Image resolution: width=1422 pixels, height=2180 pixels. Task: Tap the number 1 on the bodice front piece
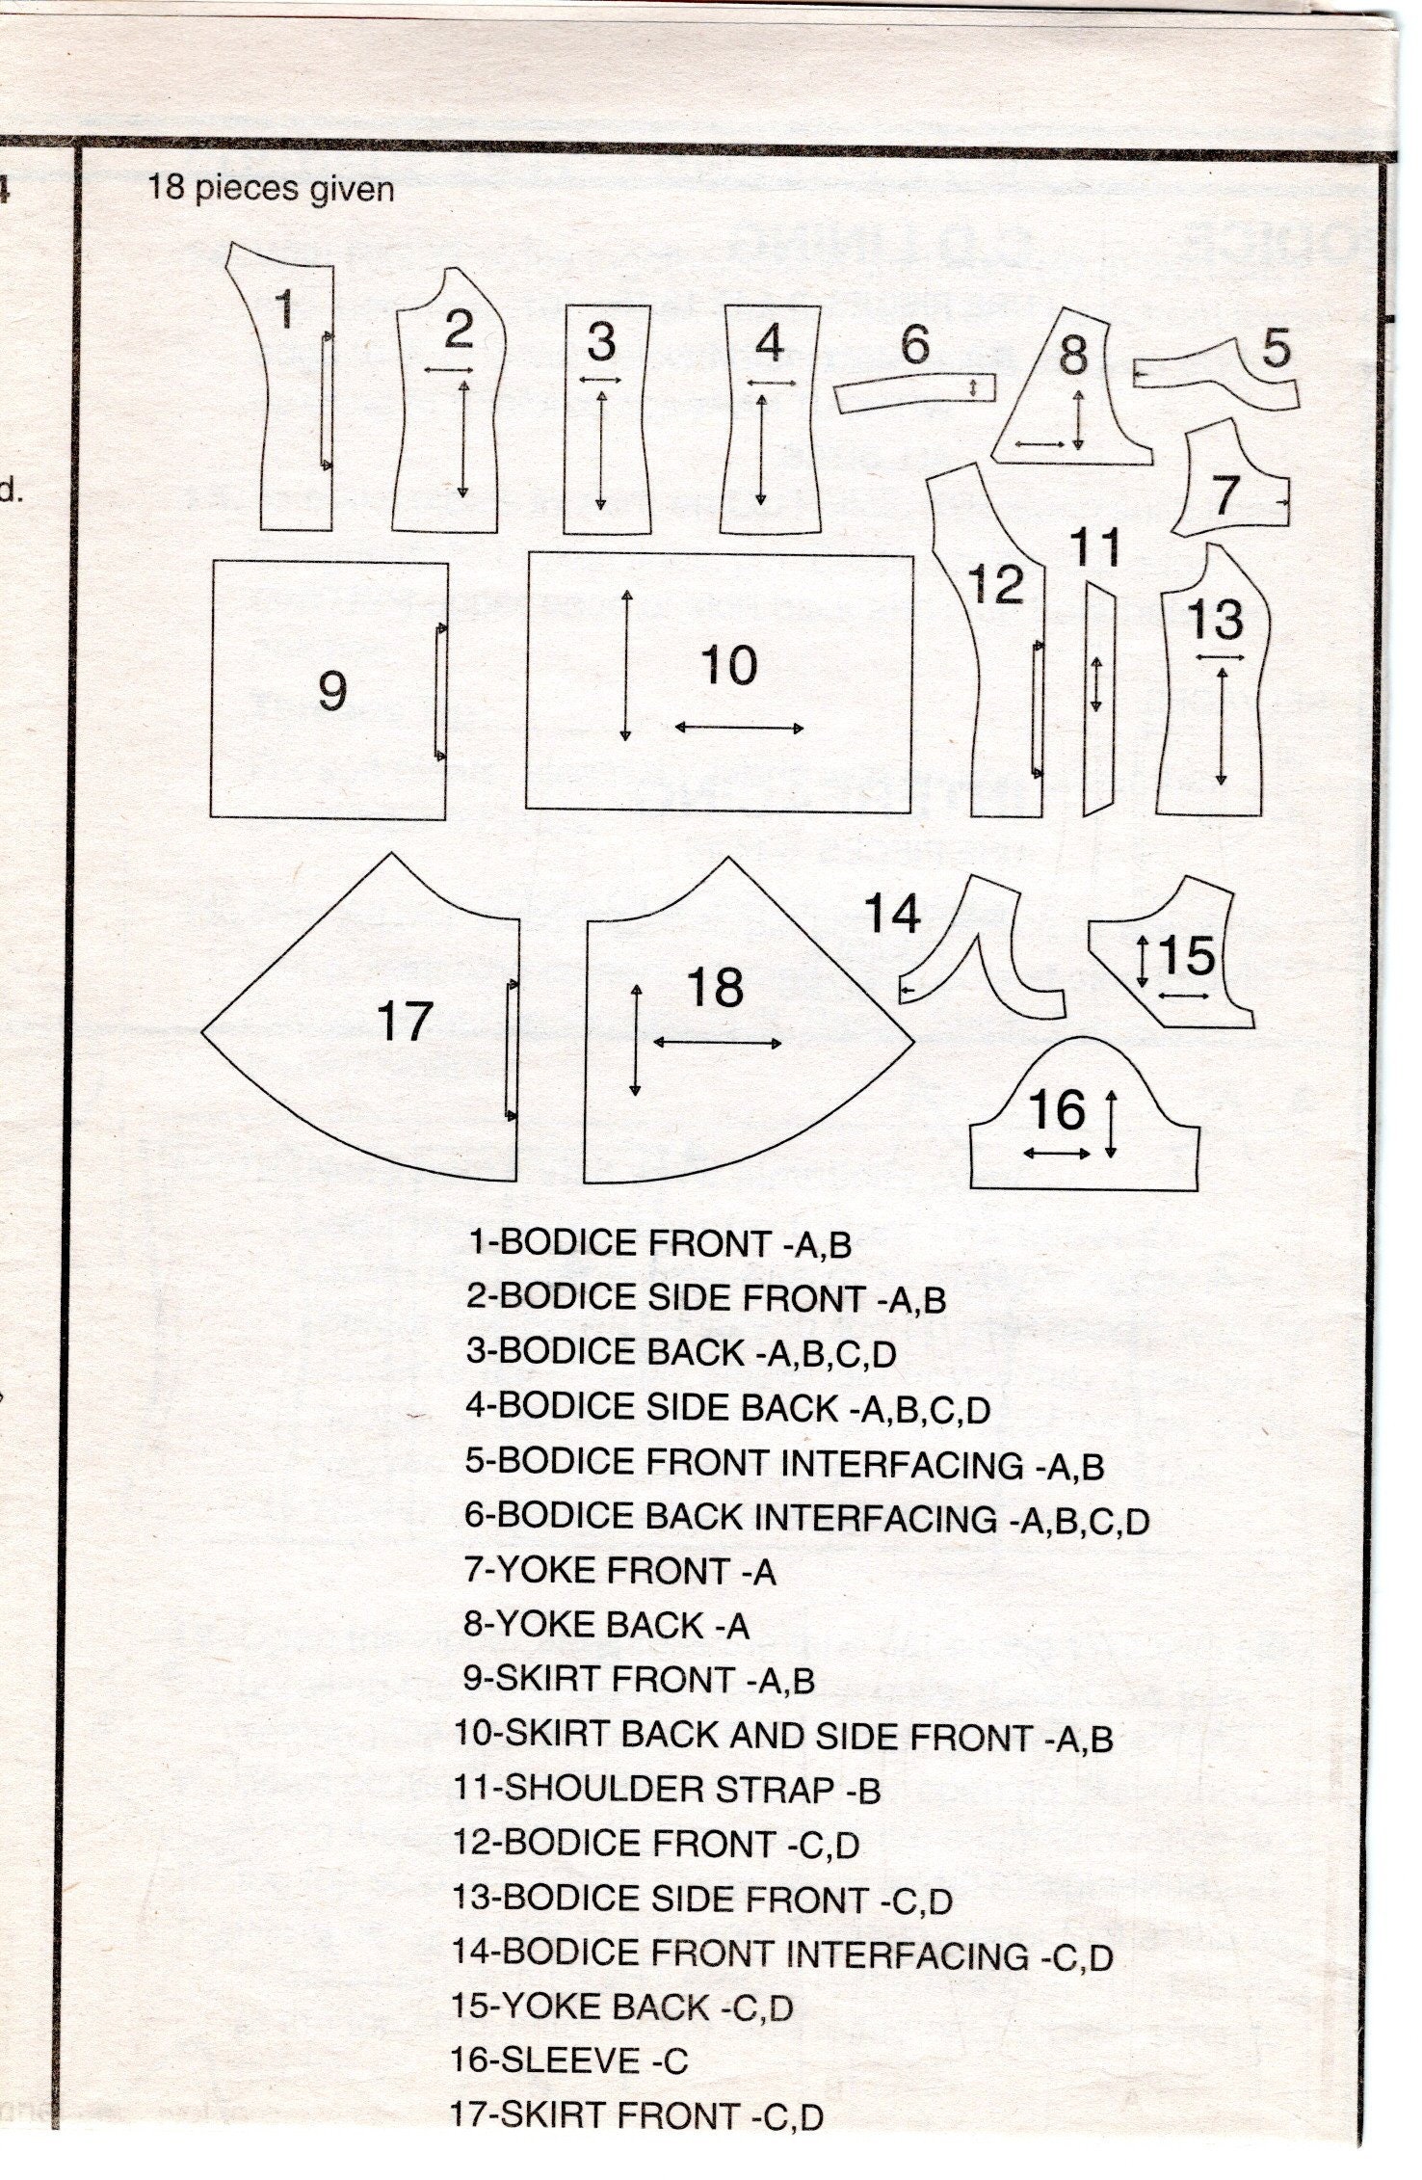point(284,309)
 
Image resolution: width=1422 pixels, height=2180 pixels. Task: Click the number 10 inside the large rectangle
point(728,666)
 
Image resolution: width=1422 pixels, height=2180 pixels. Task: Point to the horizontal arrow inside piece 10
point(739,728)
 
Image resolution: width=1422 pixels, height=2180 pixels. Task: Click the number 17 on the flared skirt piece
point(404,1021)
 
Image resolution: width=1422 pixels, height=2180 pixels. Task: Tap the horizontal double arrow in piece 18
point(718,1043)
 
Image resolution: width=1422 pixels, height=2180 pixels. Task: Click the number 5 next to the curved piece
point(1276,348)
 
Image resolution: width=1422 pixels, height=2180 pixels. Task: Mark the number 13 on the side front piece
point(1215,619)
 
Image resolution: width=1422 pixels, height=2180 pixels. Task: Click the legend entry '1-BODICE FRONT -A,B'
point(660,1243)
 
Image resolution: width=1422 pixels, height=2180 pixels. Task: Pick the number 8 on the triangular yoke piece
point(1073,355)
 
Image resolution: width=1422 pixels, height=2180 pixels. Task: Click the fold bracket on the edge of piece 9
point(441,692)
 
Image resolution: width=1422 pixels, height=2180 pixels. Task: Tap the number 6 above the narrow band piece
point(914,344)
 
